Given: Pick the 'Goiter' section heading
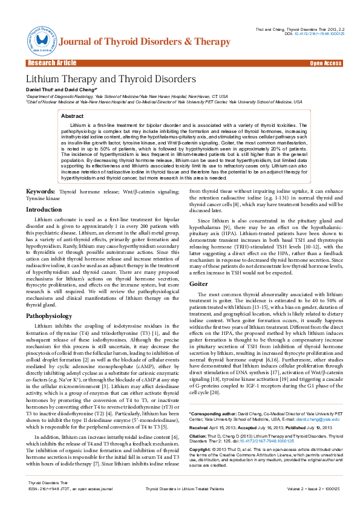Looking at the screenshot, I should pos(198,283).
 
